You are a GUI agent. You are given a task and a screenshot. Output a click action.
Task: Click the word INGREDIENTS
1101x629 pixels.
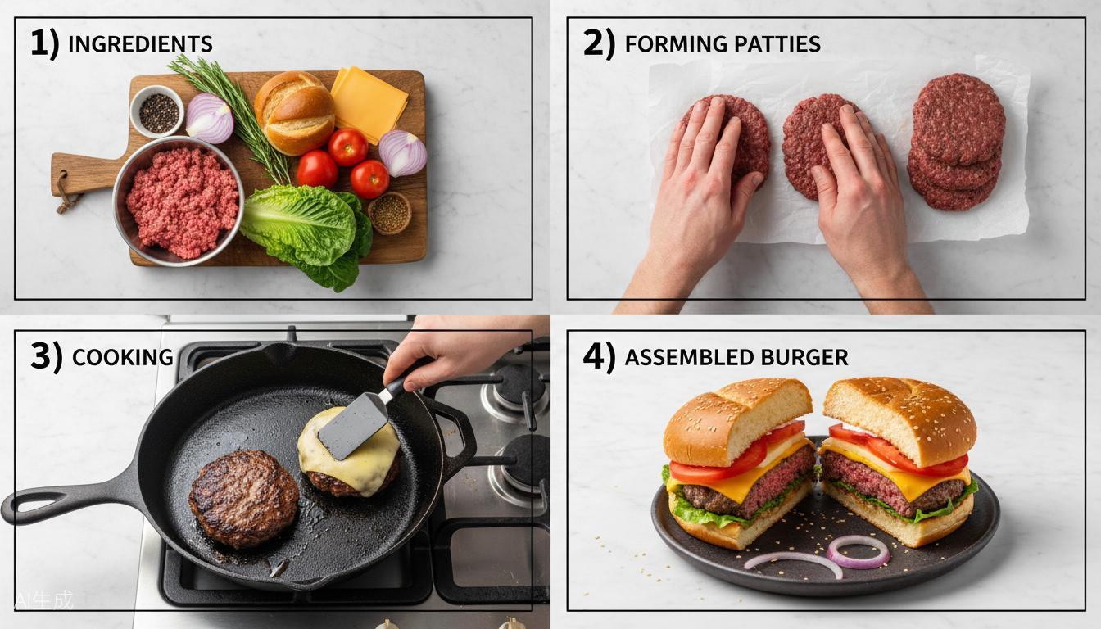(140, 44)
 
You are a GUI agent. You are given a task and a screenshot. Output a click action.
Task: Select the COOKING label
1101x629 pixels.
(122, 357)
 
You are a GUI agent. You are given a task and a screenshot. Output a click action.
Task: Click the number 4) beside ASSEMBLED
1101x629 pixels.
(598, 357)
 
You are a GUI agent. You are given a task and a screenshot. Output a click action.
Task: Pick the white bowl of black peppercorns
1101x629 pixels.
(157, 112)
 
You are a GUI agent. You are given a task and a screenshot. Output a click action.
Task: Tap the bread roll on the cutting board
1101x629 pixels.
(294, 111)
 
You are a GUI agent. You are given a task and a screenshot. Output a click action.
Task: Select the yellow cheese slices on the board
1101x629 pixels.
(369, 102)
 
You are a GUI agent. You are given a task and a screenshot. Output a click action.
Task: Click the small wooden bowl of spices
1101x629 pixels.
(389, 213)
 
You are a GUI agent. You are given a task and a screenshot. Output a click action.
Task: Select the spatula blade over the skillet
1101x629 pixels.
(353, 424)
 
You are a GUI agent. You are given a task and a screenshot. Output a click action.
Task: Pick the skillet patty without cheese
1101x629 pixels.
(243, 498)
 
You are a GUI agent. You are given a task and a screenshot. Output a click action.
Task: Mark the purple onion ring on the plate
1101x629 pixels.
(857, 551)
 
